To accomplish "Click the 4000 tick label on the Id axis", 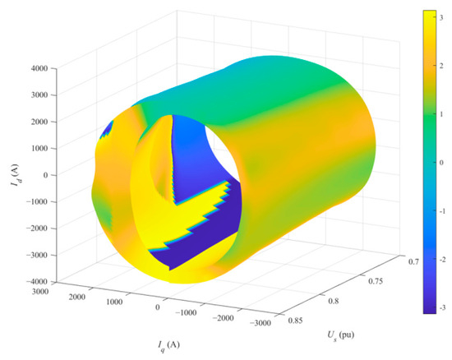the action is click(39, 68).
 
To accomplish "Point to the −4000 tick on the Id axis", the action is click(37, 282).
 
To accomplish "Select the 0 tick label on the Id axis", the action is click(45, 175).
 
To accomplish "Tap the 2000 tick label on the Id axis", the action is click(39, 122).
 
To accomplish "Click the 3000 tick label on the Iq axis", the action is click(40, 292).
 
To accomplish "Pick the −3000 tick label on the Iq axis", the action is click(261, 323).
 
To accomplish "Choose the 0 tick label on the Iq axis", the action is click(158, 307).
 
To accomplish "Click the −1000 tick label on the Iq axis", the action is click(186, 312).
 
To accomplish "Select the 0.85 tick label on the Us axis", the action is click(295, 321).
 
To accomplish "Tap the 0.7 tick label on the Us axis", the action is click(413, 261).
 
